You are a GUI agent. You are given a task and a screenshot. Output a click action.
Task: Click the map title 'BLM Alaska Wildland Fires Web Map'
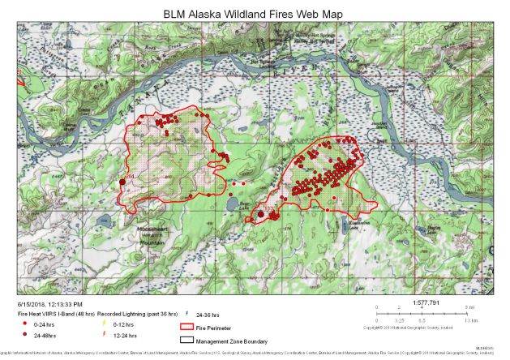click(x=253, y=15)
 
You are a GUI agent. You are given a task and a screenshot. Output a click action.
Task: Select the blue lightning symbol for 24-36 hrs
click(x=186, y=312)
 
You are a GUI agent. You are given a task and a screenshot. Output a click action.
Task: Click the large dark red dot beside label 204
click(x=122, y=182)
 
